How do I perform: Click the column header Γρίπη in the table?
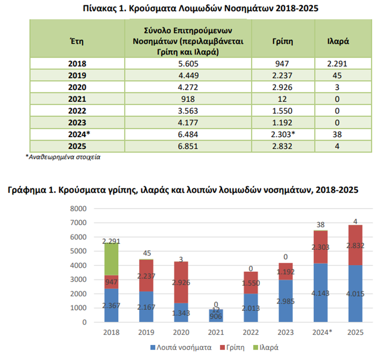[x=283, y=42]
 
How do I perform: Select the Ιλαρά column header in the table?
[x=338, y=41]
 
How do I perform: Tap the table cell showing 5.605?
[x=188, y=64]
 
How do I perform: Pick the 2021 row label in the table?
[x=77, y=99]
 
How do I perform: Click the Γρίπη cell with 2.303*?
[x=283, y=134]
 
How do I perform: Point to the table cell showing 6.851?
[x=188, y=146]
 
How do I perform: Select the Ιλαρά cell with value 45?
[x=337, y=76]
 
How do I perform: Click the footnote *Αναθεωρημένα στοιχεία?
[x=63, y=157]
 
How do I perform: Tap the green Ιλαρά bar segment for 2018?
[x=112, y=259]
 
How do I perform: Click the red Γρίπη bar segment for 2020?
[x=181, y=282]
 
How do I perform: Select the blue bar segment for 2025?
[x=355, y=293]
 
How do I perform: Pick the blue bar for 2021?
[x=216, y=316]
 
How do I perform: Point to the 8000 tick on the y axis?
[x=78, y=209]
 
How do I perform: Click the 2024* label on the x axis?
[x=322, y=333]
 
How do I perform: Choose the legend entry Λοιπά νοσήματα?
[x=181, y=347]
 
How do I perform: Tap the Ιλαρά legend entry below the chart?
[x=266, y=347]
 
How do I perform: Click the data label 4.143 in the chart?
[x=320, y=293]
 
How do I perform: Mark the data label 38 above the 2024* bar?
[x=321, y=225]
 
